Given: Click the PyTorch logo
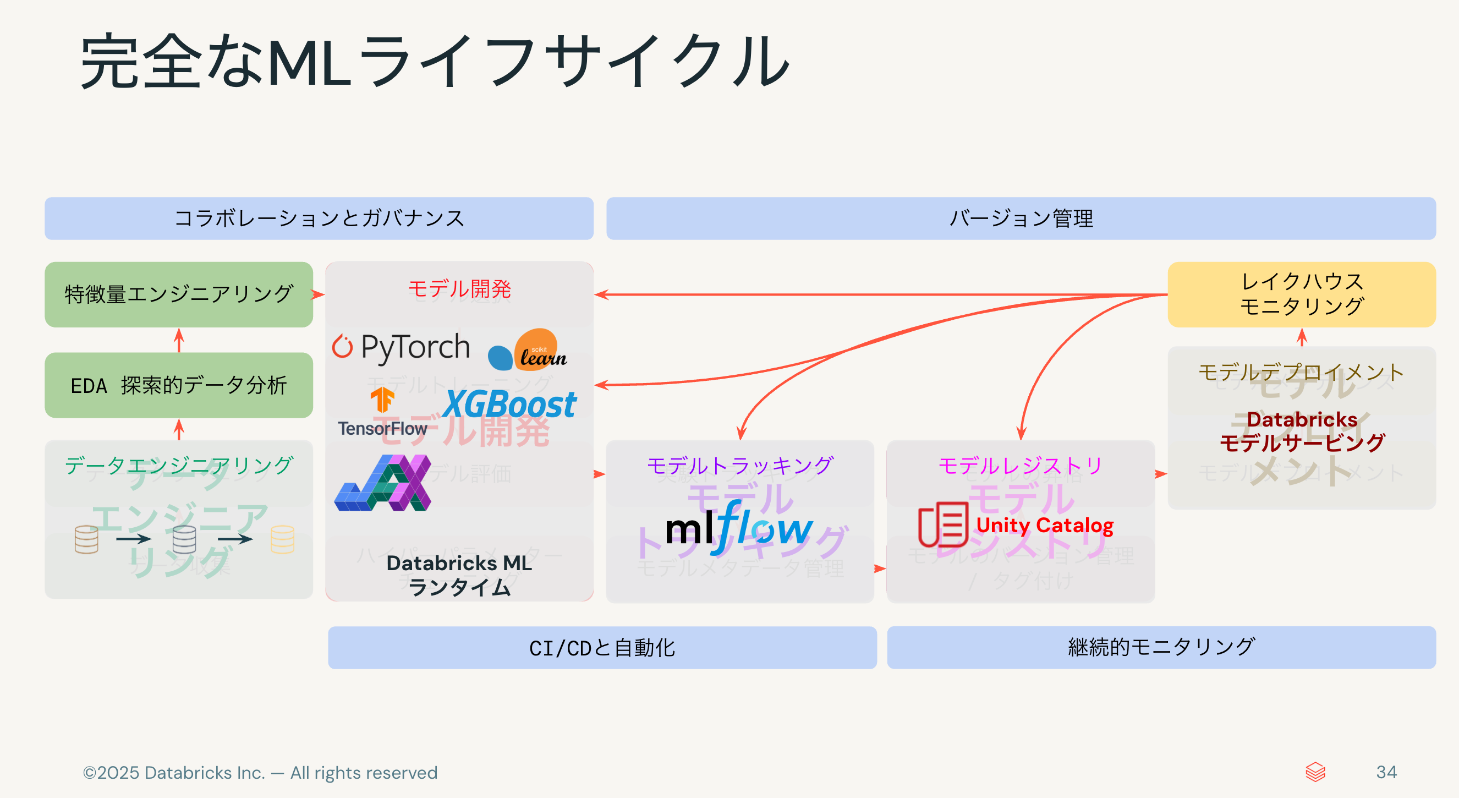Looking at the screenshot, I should (401, 347).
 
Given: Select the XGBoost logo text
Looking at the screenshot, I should (509, 403).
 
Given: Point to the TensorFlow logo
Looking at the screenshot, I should (382, 413).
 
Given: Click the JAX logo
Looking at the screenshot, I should (383, 483).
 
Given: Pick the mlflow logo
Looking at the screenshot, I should (739, 528).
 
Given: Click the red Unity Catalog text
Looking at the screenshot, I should (1044, 525).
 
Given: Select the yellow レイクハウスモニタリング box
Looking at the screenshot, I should (1301, 294).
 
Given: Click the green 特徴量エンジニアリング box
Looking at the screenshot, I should (178, 294).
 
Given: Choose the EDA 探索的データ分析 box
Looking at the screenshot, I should (178, 385).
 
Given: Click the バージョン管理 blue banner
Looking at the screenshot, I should (1021, 218).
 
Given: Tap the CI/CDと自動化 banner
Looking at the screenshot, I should (601, 647).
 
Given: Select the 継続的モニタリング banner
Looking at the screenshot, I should (1161, 647).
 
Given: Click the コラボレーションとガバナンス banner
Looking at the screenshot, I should (319, 218).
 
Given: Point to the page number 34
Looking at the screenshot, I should (1386, 772).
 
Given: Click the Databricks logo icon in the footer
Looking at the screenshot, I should (1315, 772).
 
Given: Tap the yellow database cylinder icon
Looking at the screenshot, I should (282, 539).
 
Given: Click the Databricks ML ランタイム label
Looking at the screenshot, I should (459, 575).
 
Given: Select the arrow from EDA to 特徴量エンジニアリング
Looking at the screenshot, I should (179, 340).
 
